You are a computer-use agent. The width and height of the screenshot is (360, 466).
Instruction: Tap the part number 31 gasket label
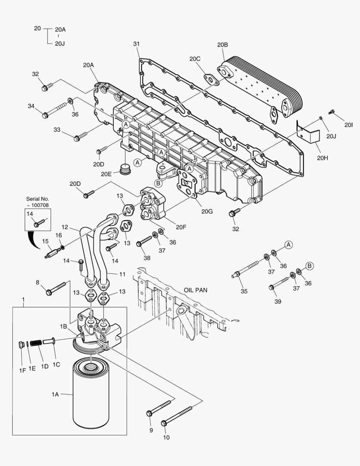tap(136, 44)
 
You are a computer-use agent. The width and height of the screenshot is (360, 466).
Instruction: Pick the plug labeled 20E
tap(125, 169)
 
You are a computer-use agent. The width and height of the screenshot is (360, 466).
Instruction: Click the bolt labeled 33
tap(81, 136)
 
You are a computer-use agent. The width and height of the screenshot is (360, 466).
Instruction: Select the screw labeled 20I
tap(332, 112)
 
